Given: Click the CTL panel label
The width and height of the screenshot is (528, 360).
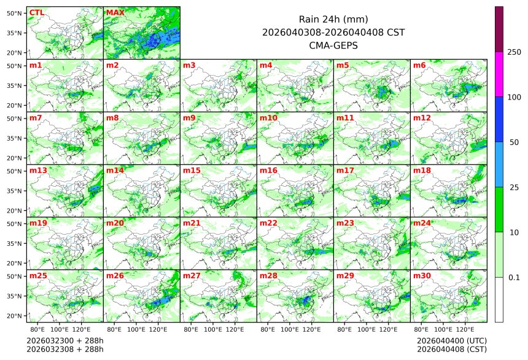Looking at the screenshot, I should coord(36,13).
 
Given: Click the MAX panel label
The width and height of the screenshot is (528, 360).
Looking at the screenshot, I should coord(115,13).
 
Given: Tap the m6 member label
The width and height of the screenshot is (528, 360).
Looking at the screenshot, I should coord(419,65).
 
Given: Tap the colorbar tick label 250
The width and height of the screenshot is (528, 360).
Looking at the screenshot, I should coord(514,52).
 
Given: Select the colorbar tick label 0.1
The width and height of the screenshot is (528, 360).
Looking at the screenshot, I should coord(514,278).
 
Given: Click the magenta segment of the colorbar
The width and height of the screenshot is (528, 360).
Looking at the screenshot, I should coord(499,74).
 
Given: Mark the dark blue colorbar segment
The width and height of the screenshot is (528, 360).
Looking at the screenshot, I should coord(499,119).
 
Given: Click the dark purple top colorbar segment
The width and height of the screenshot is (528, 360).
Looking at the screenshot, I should coord(499,29).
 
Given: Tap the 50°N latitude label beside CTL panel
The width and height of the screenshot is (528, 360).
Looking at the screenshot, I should coord(15,13).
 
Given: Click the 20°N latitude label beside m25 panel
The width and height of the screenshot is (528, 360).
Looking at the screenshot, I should coord(15,316).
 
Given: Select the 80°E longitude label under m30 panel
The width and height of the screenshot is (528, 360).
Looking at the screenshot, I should coord(421,330).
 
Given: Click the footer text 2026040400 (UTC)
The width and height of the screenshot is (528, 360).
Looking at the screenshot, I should coord(451,340).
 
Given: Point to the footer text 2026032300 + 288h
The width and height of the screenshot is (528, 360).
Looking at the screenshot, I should coord(65,340).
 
